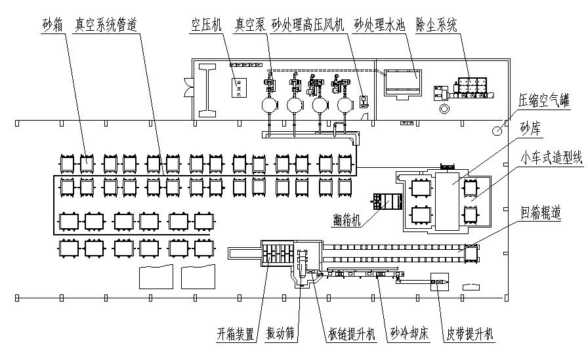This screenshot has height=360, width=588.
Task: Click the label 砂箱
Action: pyautogui.click(x=52, y=25)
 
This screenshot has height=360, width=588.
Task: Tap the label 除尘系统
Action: pyautogui.click(x=436, y=25)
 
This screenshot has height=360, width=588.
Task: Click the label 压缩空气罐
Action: pyautogui.click(x=544, y=102)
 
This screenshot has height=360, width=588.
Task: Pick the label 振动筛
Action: pyautogui.click(x=280, y=334)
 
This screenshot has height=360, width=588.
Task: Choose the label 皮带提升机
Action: pyautogui.click(x=467, y=334)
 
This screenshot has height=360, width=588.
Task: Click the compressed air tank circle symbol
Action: pyautogui.click(x=497, y=130)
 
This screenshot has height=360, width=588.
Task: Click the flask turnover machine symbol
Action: pyautogui.click(x=385, y=201)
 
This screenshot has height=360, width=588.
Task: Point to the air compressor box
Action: pyautogui.click(x=238, y=87)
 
